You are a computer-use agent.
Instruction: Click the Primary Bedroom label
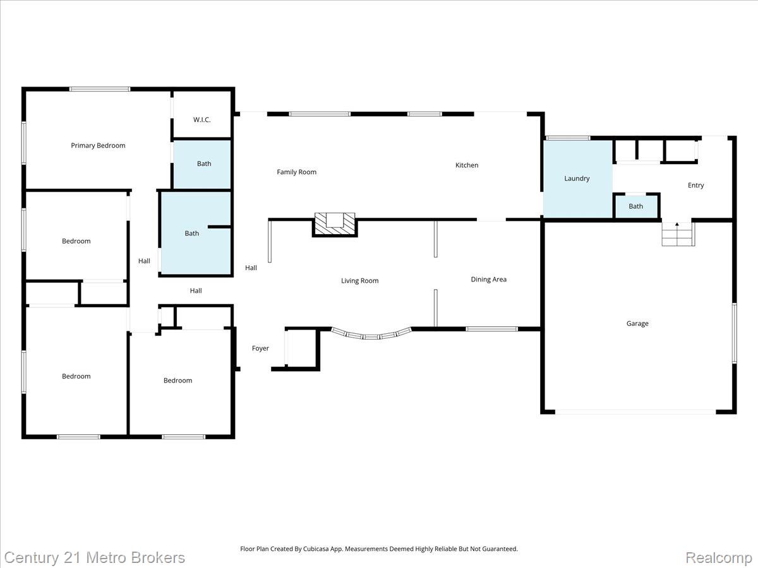[x=98, y=146]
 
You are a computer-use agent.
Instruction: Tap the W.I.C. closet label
[x=202, y=120]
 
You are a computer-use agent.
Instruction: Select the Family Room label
[x=297, y=172]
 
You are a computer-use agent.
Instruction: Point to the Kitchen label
[x=467, y=165]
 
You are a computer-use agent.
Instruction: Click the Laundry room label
[x=577, y=179]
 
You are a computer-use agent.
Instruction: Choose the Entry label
[x=695, y=185]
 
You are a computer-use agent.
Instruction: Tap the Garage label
[x=637, y=323]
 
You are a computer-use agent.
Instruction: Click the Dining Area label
[x=489, y=280]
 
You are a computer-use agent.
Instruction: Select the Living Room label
[x=360, y=281]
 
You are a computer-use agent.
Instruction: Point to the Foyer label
[x=260, y=348]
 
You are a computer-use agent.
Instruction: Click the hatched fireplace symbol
[x=335, y=225]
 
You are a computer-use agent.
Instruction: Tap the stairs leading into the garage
[x=678, y=234]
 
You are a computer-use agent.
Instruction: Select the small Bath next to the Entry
[x=635, y=206]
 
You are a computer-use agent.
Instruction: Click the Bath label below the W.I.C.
[x=204, y=163]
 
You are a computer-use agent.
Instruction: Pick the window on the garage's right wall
[x=734, y=333]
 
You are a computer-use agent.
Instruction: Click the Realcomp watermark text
[x=718, y=557]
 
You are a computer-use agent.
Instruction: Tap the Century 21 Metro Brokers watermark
[x=95, y=558]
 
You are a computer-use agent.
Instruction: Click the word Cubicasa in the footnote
[x=316, y=548]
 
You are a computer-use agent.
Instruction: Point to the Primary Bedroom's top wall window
[x=100, y=90]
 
